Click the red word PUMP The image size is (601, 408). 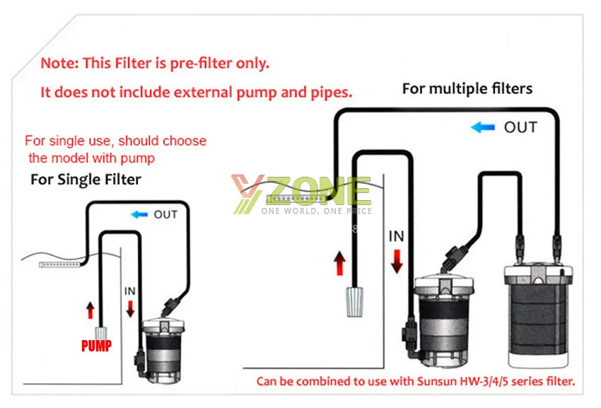click(97, 346)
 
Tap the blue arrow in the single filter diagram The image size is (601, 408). click(139, 214)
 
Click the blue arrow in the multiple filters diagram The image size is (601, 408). click(482, 127)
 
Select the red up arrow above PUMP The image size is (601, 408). click(91, 310)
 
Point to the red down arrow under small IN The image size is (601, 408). click(130, 309)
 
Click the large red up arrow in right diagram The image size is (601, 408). click(339, 264)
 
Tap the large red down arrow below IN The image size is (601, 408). click(397, 262)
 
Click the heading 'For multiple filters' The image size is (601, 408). click(467, 88)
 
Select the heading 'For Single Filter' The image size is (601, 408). click(86, 180)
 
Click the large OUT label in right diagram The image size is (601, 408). click(520, 127)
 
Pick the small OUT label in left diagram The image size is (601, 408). click(165, 214)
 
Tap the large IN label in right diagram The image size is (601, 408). click(397, 236)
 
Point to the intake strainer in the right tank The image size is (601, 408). click(354, 302)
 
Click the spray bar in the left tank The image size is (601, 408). click(60, 264)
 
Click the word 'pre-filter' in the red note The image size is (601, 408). click(201, 63)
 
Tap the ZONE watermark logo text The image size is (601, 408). click(318, 191)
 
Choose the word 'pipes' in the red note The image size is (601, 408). click(331, 93)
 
